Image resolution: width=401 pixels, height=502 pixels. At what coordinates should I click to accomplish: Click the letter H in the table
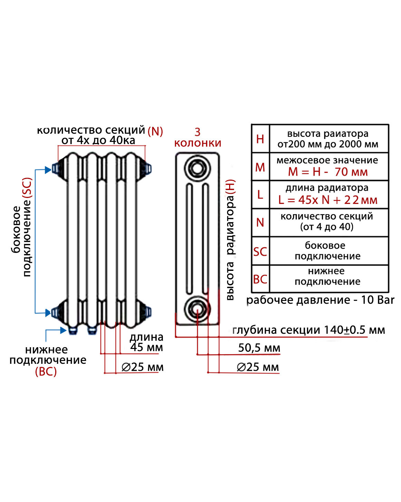pos(260,139)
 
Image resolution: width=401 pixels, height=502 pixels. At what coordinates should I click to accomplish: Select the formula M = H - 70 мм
pos(328,172)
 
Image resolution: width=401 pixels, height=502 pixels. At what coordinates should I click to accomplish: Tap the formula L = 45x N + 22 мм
pos(328,200)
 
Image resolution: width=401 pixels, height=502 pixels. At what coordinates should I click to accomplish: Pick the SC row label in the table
pos(260,252)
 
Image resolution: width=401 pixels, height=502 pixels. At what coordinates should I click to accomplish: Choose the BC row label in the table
pos(260,279)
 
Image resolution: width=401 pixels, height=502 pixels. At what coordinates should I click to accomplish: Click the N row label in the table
pos(260,222)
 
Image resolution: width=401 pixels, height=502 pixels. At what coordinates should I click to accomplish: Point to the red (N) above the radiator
pos(155,131)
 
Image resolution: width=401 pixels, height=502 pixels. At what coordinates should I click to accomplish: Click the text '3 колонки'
pos(197,138)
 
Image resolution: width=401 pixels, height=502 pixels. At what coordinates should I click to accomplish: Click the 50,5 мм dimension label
pos(259,348)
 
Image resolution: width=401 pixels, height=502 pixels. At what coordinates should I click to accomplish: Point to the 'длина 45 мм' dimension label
pos(146,342)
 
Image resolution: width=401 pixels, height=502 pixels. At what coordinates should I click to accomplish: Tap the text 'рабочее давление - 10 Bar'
pos(320,300)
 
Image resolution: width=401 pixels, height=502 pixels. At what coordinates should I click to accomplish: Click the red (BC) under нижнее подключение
pos(46,372)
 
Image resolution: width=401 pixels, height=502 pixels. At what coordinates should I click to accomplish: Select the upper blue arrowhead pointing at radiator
pos(48,170)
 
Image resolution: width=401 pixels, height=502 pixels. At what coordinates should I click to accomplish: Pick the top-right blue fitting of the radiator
pos(148,169)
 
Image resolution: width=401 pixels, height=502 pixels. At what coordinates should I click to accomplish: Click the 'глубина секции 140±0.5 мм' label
pos(309,330)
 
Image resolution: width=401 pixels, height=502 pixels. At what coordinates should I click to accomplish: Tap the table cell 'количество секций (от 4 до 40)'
pos(327,221)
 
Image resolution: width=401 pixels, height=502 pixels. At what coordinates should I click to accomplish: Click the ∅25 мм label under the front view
pos(143,367)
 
